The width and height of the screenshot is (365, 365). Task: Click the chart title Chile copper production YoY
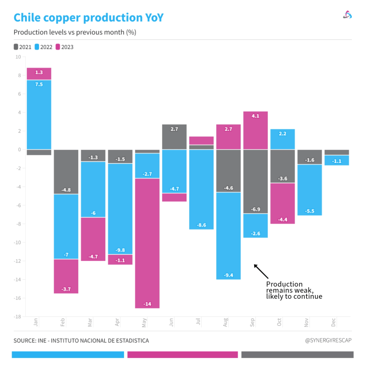[x=88, y=17]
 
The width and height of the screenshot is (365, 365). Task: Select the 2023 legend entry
[x=64, y=47]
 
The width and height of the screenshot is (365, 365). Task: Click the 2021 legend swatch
[x=16, y=47]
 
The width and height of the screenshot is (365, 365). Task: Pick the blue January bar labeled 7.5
[x=39, y=114]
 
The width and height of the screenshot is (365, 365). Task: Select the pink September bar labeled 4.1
[x=256, y=130]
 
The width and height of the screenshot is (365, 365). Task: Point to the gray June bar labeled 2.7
[x=174, y=137]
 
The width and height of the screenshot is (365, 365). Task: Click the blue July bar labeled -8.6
[x=201, y=189]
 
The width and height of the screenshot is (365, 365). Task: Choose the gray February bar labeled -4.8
[x=66, y=171]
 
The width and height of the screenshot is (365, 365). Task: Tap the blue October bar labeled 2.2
[x=283, y=139]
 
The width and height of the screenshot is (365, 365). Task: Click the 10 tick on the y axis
[x=18, y=57]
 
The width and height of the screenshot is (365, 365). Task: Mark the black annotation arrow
[x=261, y=271]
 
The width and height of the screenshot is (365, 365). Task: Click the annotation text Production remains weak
[x=294, y=290]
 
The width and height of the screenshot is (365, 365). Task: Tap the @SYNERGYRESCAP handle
[x=328, y=340]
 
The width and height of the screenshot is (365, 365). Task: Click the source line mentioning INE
[x=81, y=341]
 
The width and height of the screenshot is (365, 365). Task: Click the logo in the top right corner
[x=347, y=15]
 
